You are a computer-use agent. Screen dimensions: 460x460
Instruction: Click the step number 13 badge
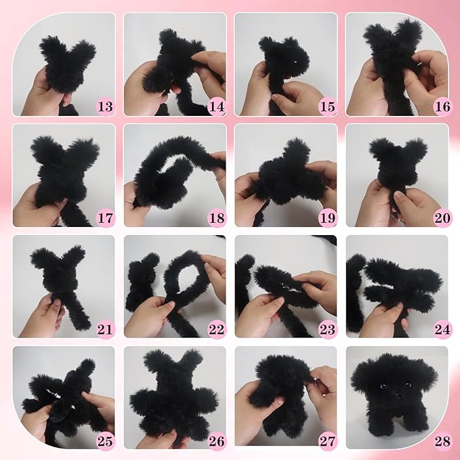[105, 106]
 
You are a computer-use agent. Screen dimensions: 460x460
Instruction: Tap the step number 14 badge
[217, 106]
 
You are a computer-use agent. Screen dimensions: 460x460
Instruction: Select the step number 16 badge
[442, 106]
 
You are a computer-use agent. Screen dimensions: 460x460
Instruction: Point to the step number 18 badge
[217, 218]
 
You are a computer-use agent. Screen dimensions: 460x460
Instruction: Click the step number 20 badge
[442, 218]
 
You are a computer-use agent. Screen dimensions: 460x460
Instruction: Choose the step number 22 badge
[217, 329]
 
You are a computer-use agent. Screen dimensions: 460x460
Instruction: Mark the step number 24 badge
[442, 329]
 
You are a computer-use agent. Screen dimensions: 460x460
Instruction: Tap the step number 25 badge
[105, 441]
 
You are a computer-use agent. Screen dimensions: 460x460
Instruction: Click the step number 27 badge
[328, 441]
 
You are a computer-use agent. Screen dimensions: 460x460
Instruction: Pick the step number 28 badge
[442, 441]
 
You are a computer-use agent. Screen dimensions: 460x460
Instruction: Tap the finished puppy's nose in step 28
[397, 396]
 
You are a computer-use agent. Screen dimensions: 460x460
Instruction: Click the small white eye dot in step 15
[295, 62]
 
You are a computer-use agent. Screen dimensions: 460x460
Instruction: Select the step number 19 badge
[328, 218]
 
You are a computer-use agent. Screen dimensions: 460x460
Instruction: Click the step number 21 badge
[105, 329]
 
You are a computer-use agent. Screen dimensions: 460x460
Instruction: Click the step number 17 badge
[105, 218]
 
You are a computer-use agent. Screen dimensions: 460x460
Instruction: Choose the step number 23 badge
[328, 329]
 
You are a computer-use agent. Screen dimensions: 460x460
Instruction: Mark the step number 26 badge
[217, 441]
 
